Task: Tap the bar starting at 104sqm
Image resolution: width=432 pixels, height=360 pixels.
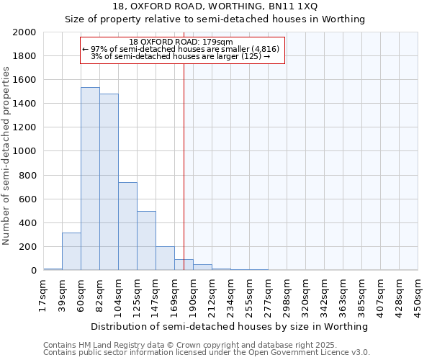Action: click(127, 226)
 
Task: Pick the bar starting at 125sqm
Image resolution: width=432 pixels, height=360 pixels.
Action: click(146, 240)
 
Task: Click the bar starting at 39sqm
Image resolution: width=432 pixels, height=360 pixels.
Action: click(71, 251)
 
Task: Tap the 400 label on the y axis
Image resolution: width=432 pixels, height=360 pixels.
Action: click(27, 223)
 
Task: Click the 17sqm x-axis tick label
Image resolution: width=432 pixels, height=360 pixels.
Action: click(44, 295)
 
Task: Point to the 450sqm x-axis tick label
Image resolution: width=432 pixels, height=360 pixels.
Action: click(418, 295)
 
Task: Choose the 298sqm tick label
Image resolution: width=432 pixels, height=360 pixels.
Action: click(287, 295)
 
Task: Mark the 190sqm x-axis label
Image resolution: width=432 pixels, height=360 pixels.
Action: click(194, 295)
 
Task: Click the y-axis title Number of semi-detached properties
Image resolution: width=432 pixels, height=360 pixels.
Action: click(7, 155)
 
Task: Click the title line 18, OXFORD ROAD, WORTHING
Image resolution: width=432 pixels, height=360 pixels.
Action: click(216, 6)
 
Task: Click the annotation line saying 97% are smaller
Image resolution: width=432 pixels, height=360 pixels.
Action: click(185, 49)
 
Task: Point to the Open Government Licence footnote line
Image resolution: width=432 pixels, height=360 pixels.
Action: click(207, 353)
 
